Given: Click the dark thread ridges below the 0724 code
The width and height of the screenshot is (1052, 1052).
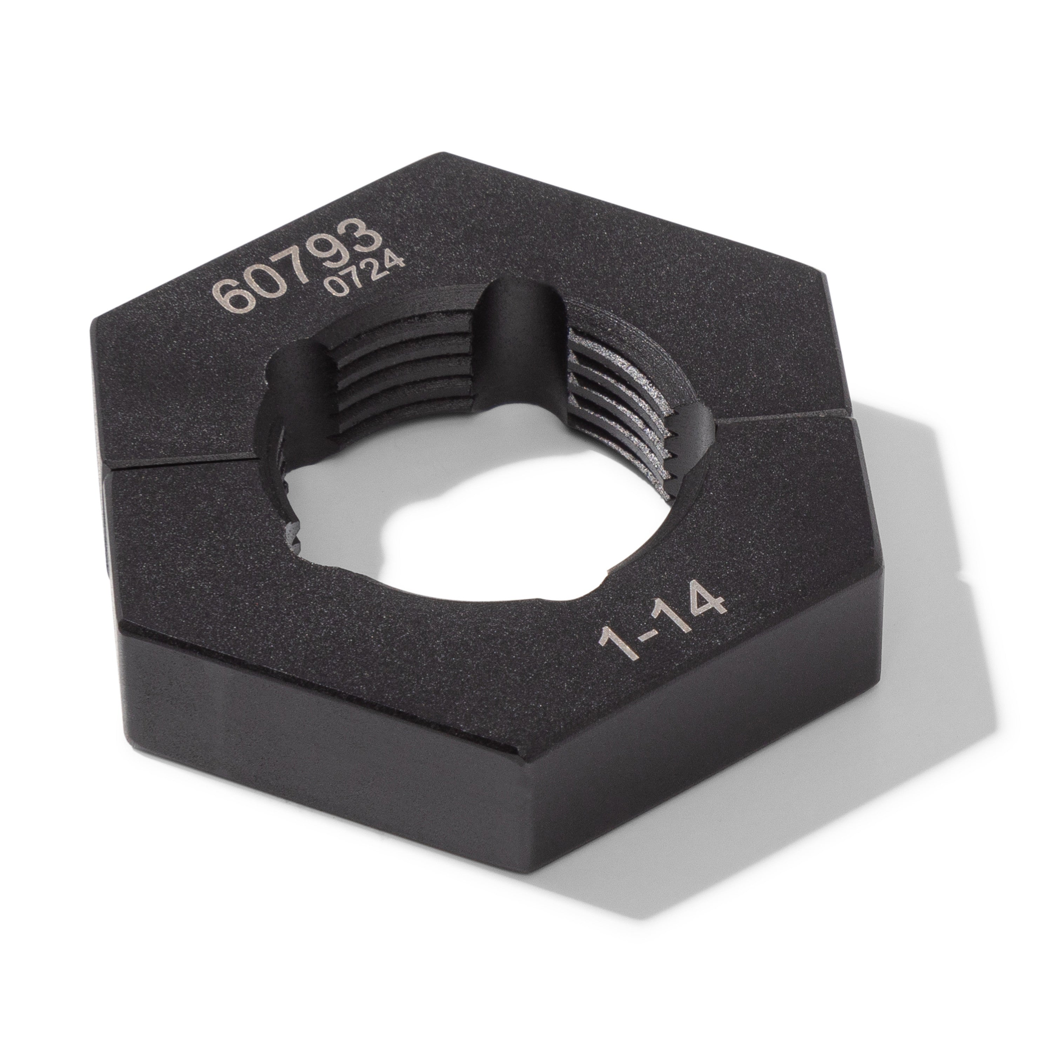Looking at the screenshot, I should [x=398, y=370].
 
